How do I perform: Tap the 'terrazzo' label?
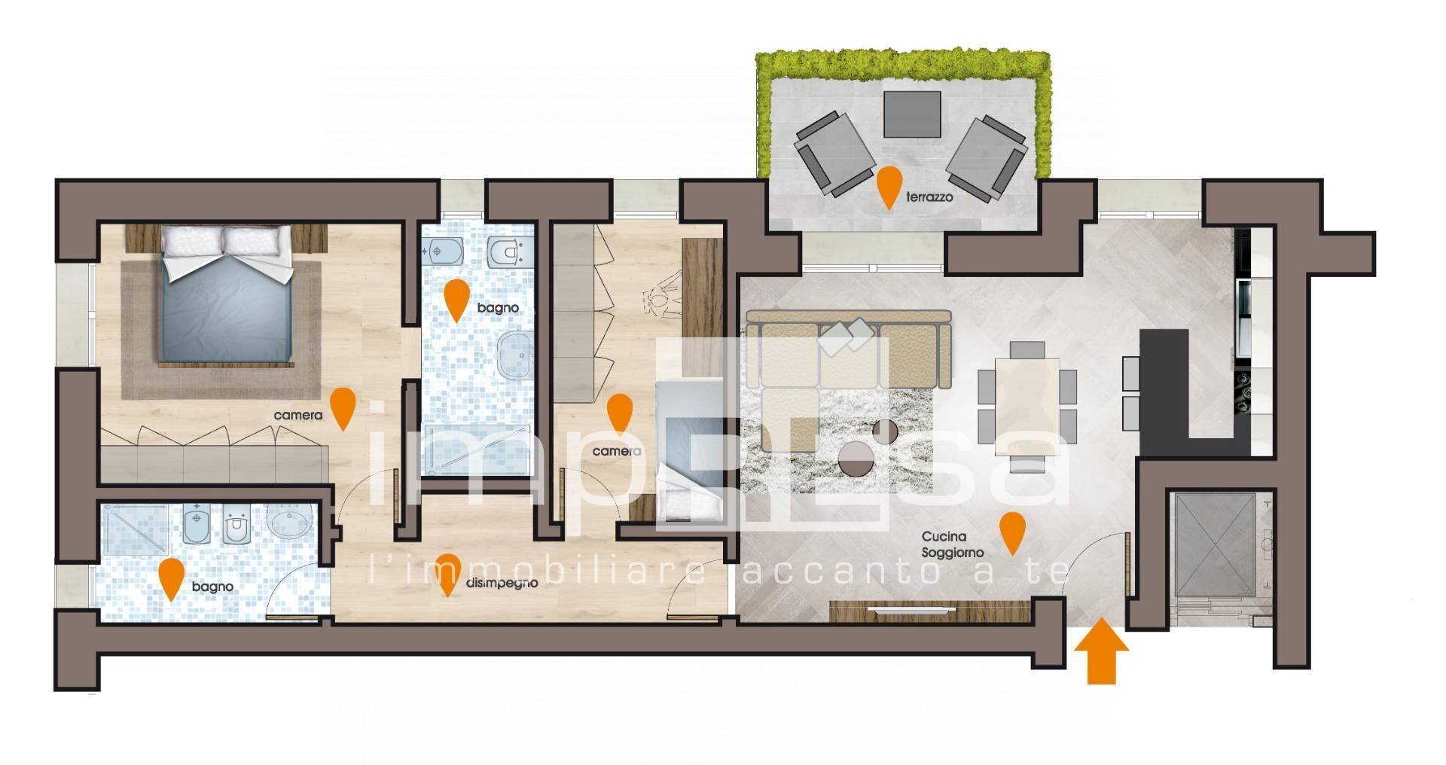(929, 197)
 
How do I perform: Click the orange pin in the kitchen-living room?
(1011, 531)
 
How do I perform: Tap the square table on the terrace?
(912, 114)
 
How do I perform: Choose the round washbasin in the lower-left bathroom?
(290, 520)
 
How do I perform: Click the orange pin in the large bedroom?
(343, 407)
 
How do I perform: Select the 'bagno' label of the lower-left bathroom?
(212, 587)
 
